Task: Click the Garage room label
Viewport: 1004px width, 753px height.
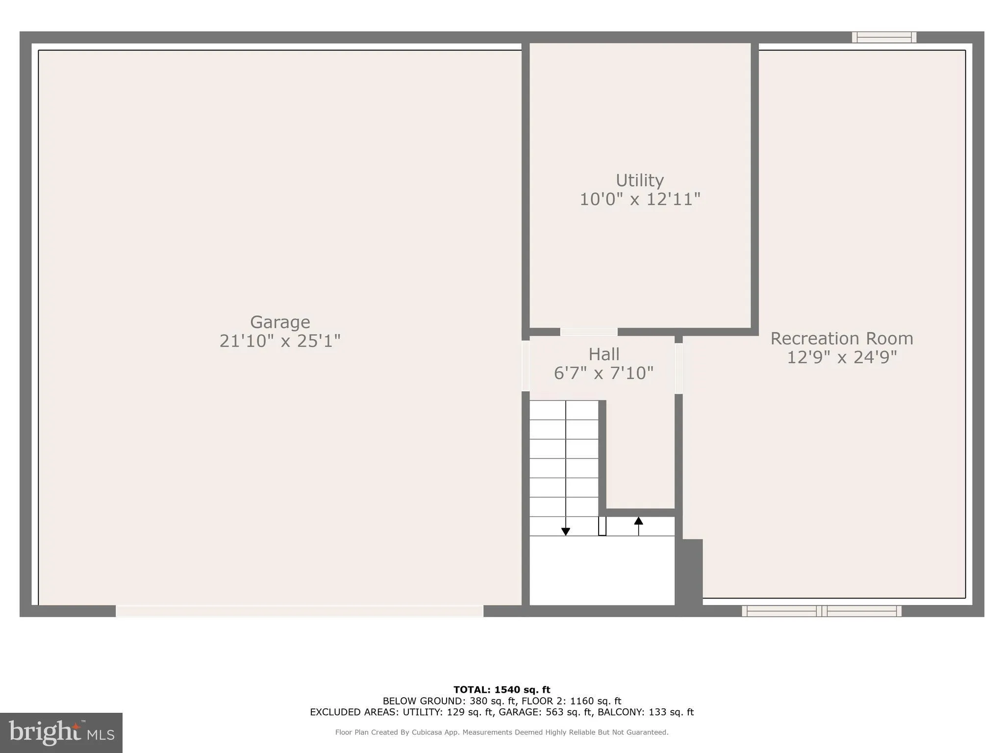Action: point(280,322)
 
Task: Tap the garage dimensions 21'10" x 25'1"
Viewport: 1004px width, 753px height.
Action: point(280,341)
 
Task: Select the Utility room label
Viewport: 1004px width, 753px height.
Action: point(640,180)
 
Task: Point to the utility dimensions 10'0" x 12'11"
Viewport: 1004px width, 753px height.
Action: point(640,200)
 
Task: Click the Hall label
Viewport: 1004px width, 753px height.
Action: point(604,354)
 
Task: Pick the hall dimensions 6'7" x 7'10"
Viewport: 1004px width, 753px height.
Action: point(604,374)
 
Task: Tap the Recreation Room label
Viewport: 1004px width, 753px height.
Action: point(842,338)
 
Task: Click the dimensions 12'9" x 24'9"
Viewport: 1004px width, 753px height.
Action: point(842,357)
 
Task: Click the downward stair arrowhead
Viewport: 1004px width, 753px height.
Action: point(566,531)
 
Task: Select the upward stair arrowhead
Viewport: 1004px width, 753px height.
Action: point(638,521)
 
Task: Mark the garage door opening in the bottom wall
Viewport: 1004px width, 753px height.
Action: point(300,611)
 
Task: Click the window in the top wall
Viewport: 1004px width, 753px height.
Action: point(884,37)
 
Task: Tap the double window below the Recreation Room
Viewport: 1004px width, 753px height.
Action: point(822,611)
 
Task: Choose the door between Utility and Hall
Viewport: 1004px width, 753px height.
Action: point(589,332)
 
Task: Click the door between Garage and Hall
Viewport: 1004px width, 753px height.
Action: point(526,366)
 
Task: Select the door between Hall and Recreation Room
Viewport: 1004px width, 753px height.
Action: point(678,368)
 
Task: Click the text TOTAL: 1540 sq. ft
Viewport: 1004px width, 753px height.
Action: point(502,690)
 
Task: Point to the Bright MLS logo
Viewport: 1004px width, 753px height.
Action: point(61,732)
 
